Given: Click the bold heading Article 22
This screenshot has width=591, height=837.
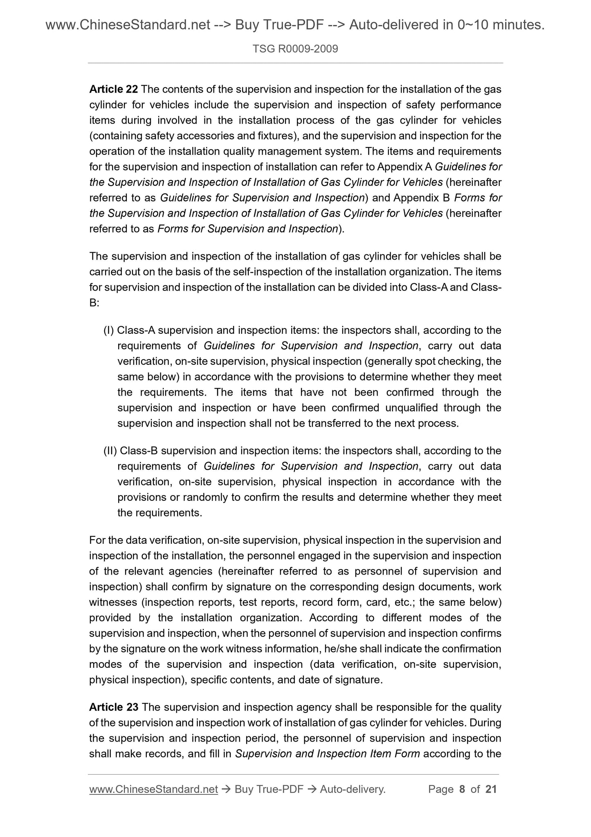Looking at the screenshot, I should click(113, 89).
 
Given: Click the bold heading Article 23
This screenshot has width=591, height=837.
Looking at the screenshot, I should click(113, 707).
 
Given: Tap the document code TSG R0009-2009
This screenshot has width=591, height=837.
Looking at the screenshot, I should click(295, 50).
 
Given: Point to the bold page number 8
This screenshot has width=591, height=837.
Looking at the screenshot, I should click(462, 789).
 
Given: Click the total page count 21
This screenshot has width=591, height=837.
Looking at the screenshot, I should click(491, 789).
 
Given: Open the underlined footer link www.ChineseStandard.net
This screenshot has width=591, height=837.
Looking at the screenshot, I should click(153, 789).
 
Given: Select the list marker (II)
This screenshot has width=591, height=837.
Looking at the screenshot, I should click(110, 451).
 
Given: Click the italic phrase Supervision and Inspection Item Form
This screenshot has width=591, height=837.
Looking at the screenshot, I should click(327, 754).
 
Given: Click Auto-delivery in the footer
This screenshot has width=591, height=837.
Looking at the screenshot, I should click(353, 789).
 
